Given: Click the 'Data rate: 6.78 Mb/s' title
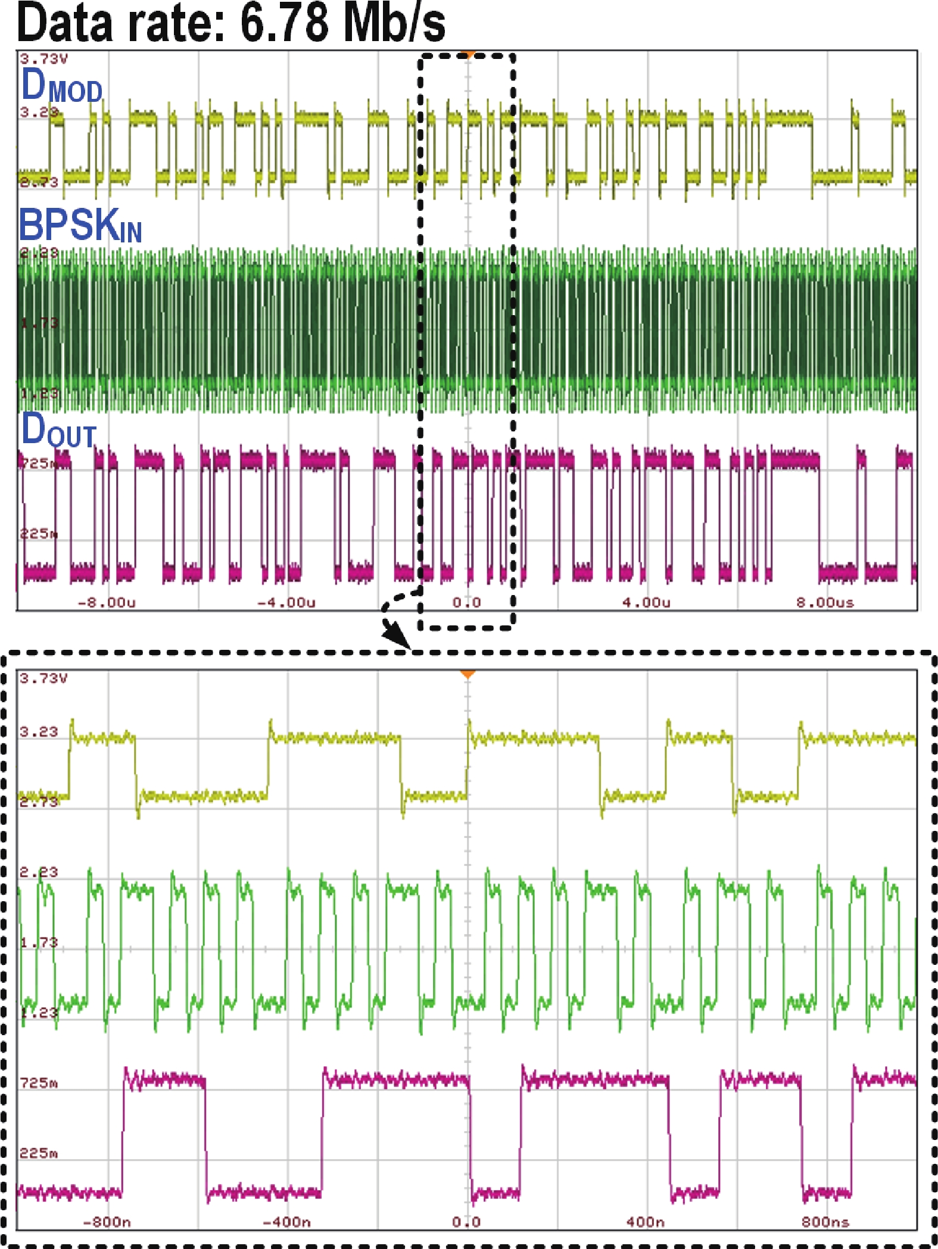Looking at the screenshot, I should coord(231,23).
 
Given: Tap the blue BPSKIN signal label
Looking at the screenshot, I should coord(80,226).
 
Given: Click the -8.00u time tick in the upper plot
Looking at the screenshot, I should coord(107,602).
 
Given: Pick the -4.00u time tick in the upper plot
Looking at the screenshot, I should coord(286,602).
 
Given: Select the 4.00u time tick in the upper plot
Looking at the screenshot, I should coord(646,602).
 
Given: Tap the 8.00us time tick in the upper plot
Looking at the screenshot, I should coord(825,602).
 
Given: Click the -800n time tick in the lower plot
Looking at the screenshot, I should coord(107,1222).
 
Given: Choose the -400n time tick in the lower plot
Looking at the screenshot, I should coord(286,1222).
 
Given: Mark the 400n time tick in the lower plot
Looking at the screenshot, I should coord(646,1222).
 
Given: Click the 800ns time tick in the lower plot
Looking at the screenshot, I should coord(825,1222).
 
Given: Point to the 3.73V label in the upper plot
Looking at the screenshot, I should coord(43,58).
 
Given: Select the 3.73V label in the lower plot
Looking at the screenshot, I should coord(43,678).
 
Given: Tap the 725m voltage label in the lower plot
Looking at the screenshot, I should coord(39,1082).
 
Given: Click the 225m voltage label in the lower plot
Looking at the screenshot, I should coord(39,1153).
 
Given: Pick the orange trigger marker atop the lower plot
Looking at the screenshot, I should coord(468,674).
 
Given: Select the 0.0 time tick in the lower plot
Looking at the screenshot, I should coord(466,1222).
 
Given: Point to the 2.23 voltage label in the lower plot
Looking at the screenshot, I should coord(39,872).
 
